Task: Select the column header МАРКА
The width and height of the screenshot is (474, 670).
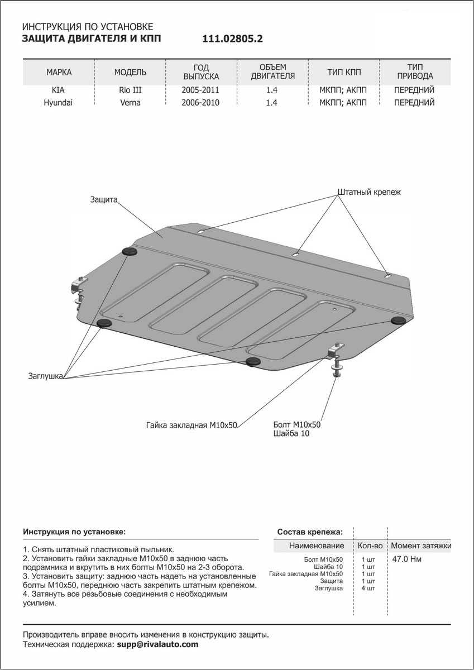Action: point(59,73)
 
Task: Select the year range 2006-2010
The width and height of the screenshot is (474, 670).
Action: point(200,103)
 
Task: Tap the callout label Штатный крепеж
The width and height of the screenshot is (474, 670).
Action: point(369,192)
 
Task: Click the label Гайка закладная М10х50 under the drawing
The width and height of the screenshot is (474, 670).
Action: point(192,425)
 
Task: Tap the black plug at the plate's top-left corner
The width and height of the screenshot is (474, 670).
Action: point(130,252)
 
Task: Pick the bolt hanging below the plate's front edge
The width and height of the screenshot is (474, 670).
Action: point(334,369)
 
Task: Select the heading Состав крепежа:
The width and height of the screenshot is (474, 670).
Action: point(310,532)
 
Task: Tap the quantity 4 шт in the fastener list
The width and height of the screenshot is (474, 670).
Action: point(368,588)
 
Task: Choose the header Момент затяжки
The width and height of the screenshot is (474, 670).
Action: point(421,545)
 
